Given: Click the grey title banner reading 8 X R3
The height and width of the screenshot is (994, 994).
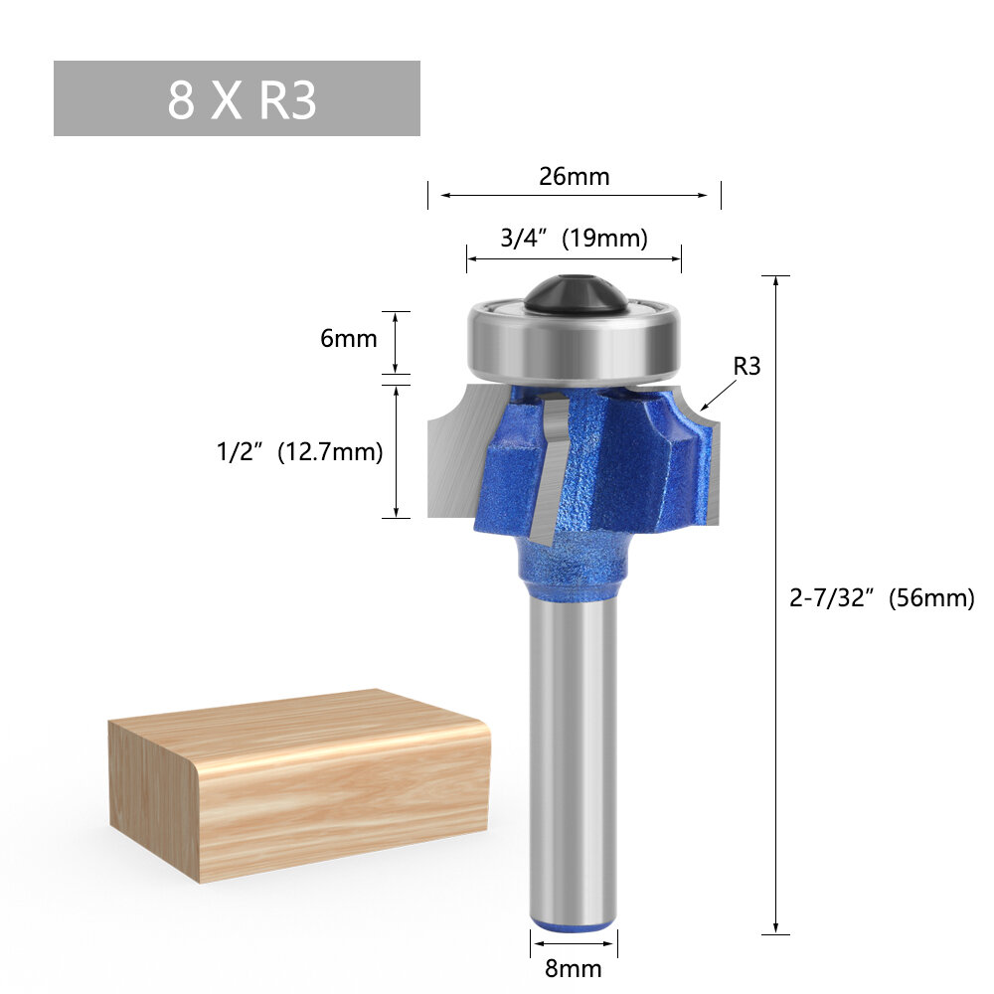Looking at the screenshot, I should (237, 98).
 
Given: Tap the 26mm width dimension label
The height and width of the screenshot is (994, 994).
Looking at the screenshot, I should (574, 177).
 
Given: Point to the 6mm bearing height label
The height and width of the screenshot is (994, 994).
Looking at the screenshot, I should (348, 338).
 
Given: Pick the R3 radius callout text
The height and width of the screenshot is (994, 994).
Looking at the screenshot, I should (746, 366).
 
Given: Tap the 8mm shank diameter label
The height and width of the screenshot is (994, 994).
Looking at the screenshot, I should (573, 967).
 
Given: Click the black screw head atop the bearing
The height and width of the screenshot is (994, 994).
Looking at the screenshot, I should (574, 295).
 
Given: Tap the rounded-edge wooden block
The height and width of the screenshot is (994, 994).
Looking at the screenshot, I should (298, 785).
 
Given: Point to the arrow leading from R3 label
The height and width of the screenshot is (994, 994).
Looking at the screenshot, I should (718, 396).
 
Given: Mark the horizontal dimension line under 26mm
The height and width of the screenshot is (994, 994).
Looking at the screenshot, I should (574, 196).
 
